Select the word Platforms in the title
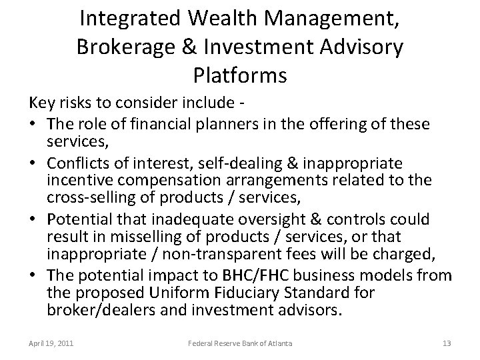(239, 75)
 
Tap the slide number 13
(447, 343)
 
